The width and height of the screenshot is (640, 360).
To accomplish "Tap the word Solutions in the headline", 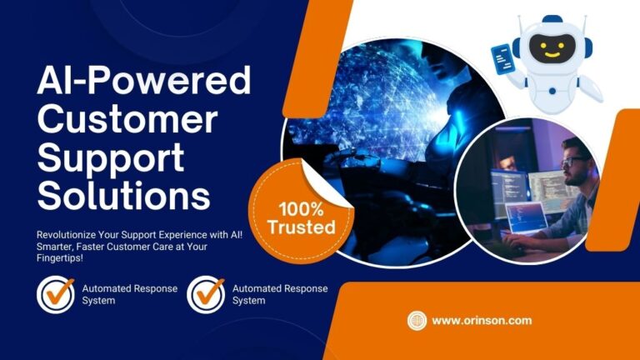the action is click(124, 196).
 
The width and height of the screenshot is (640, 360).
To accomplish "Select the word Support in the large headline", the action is click(111, 159).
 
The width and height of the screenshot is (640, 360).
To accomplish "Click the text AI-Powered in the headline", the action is click(143, 80).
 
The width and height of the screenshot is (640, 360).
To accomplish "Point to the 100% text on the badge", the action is click(301, 209).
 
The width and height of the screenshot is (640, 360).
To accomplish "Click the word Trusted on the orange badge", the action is click(302, 227).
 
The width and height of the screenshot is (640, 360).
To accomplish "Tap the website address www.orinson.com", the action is click(482, 320).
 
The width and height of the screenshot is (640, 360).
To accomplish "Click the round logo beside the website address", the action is click(417, 320).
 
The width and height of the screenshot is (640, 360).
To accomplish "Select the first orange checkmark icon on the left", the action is click(58, 292).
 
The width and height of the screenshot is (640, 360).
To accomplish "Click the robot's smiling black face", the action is click(552, 48).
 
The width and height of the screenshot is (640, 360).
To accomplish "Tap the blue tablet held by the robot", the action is click(502, 60).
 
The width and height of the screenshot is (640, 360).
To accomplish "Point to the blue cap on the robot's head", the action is click(552, 19).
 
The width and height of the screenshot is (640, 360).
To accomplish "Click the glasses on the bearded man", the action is click(574, 161).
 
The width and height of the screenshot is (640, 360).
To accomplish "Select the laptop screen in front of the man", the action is click(527, 217).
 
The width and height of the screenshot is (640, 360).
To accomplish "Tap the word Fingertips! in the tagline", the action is click(60, 258).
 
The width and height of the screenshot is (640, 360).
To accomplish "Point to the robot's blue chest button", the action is click(552, 92).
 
